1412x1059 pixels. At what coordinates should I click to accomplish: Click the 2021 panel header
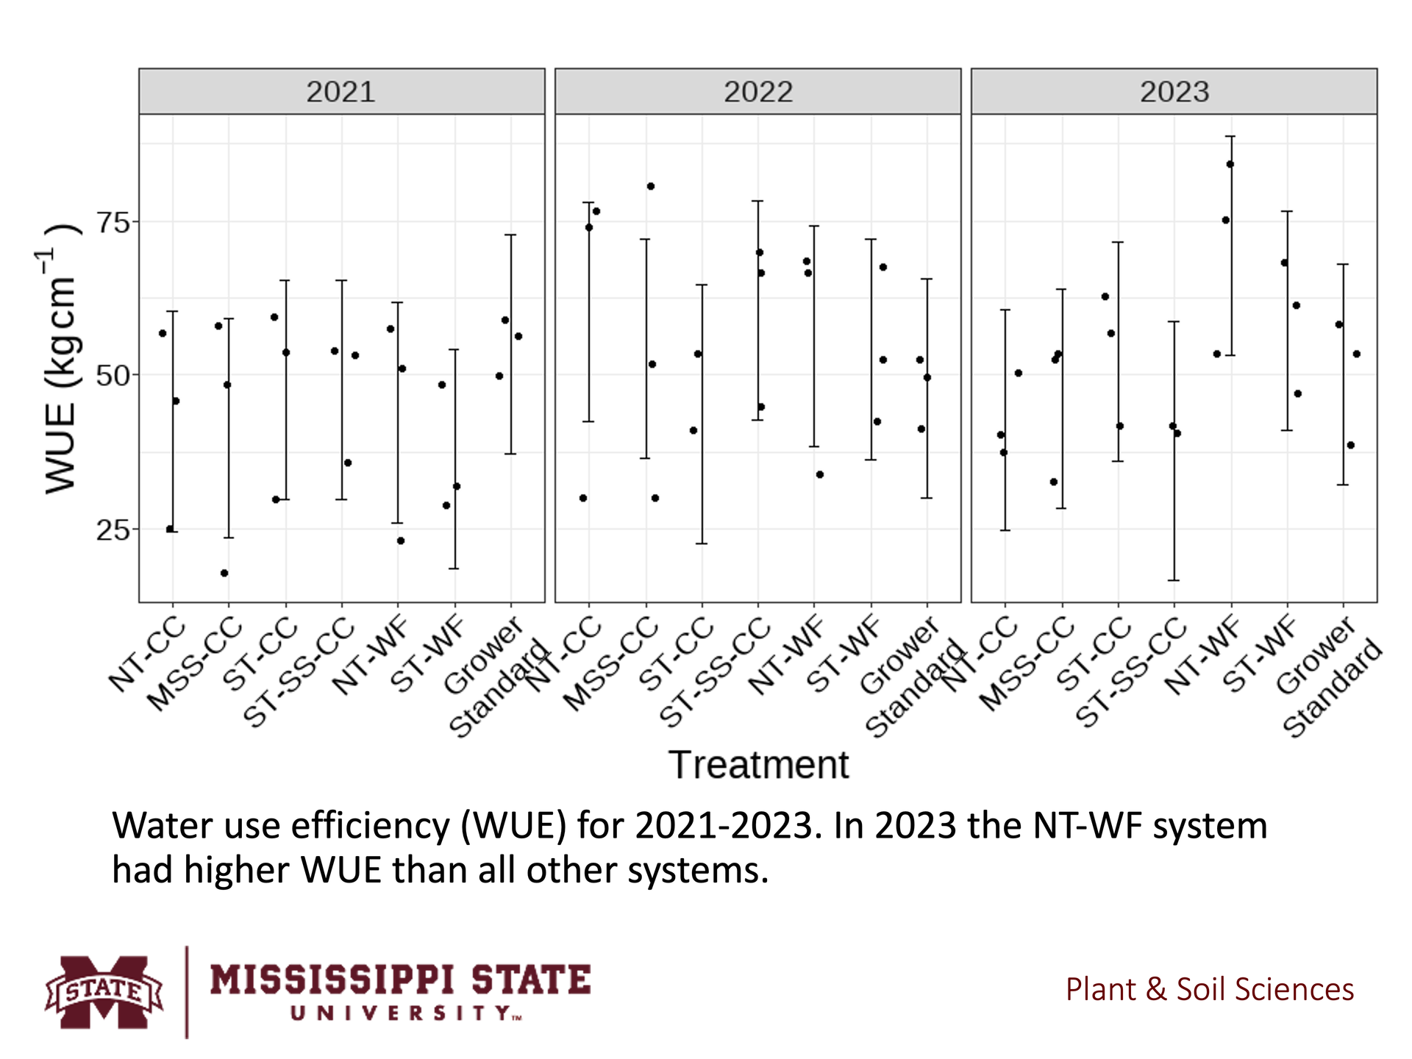[x=341, y=92]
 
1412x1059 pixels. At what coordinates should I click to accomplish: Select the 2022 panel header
[x=757, y=92]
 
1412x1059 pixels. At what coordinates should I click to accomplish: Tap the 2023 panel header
[x=1174, y=92]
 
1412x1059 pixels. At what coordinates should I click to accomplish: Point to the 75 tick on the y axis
[x=113, y=222]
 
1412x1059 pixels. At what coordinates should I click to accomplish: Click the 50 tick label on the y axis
[x=113, y=376]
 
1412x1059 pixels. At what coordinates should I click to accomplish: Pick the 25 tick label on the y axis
[x=113, y=529]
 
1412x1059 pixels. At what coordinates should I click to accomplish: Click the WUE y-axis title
[x=60, y=360]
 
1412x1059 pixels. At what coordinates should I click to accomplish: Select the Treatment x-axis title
[x=758, y=765]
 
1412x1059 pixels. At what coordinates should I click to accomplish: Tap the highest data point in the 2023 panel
[x=1230, y=164]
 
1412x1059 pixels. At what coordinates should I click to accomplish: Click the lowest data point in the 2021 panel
[x=224, y=573]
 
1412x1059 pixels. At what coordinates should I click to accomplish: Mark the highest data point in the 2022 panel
[x=651, y=186]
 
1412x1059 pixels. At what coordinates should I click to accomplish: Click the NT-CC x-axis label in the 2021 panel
[x=147, y=657]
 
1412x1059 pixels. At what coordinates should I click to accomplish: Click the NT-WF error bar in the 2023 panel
[x=1231, y=246]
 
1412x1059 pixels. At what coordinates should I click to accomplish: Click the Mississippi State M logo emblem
[x=104, y=992]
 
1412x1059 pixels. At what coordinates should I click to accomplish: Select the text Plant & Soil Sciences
[x=1209, y=989]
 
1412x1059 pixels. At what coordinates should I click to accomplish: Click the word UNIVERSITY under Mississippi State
[x=405, y=1013]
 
